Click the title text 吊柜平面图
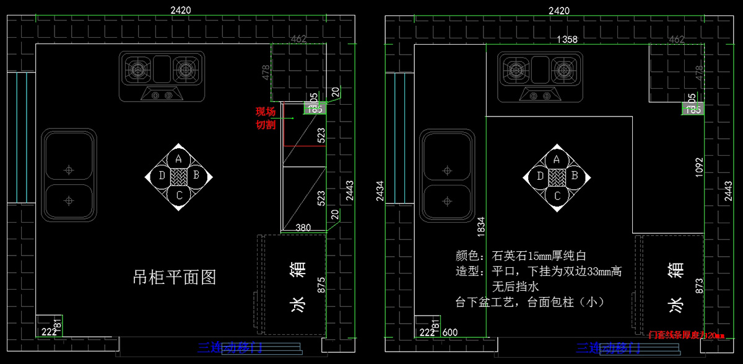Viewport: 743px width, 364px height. pyautogui.click(x=175, y=277)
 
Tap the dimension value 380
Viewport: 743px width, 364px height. pyautogui.click(x=304, y=228)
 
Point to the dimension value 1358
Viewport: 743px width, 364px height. pyautogui.click(x=567, y=39)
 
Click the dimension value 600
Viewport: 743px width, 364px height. pyautogui.click(x=450, y=332)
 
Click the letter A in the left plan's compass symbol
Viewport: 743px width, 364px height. pyautogui.click(x=178, y=159)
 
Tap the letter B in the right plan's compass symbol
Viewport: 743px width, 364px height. pyautogui.click(x=574, y=175)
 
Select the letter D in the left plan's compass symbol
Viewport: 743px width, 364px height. pyautogui.click(x=162, y=175)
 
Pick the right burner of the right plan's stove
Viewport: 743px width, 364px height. pyautogui.click(x=563, y=69)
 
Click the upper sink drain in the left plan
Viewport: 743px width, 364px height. pyautogui.click(x=69, y=169)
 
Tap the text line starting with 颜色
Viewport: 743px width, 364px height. pyautogui.click(x=521, y=255)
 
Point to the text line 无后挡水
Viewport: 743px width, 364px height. pyautogui.click(x=516, y=287)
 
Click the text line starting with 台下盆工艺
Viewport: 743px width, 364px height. pyautogui.click(x=529, y=303)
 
